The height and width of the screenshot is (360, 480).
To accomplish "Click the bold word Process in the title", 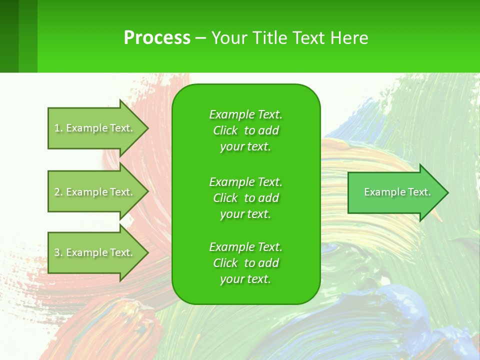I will (157, 37).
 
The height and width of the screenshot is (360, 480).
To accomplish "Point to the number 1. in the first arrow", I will (58, 128).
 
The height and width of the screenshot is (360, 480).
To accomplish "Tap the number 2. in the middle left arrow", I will (58, 192).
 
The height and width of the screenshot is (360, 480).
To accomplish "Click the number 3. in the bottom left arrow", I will (58, 252).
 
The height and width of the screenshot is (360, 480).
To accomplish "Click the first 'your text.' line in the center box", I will (245, 147).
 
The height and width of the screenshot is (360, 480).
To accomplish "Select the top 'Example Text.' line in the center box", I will (245, 114).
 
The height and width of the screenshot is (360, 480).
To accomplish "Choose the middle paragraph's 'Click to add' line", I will (245, 198).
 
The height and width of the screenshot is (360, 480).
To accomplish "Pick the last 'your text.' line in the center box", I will (245, 279).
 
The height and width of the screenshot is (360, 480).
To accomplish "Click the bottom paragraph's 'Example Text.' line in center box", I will (245, 247).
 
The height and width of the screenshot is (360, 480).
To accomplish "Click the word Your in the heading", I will (226, 37).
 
